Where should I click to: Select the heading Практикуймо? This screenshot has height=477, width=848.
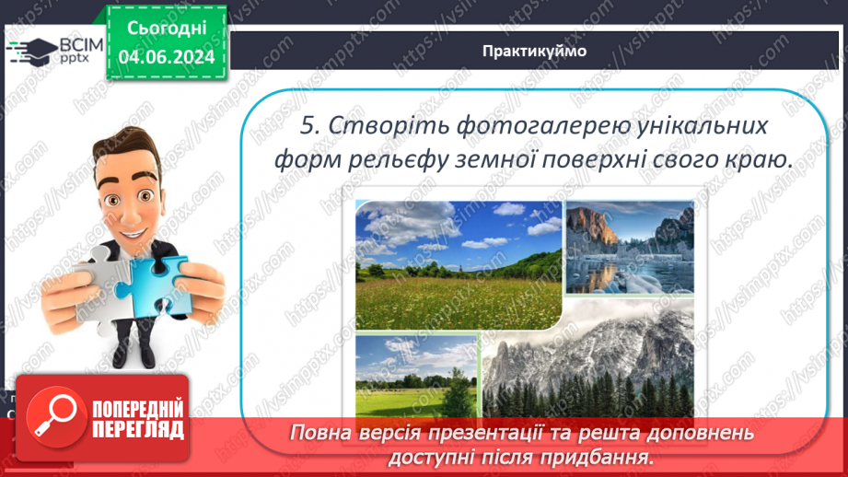click(533, 51)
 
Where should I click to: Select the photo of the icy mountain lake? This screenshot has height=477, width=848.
click(629, 249)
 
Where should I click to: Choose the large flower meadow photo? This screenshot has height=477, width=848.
click(458, 265)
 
